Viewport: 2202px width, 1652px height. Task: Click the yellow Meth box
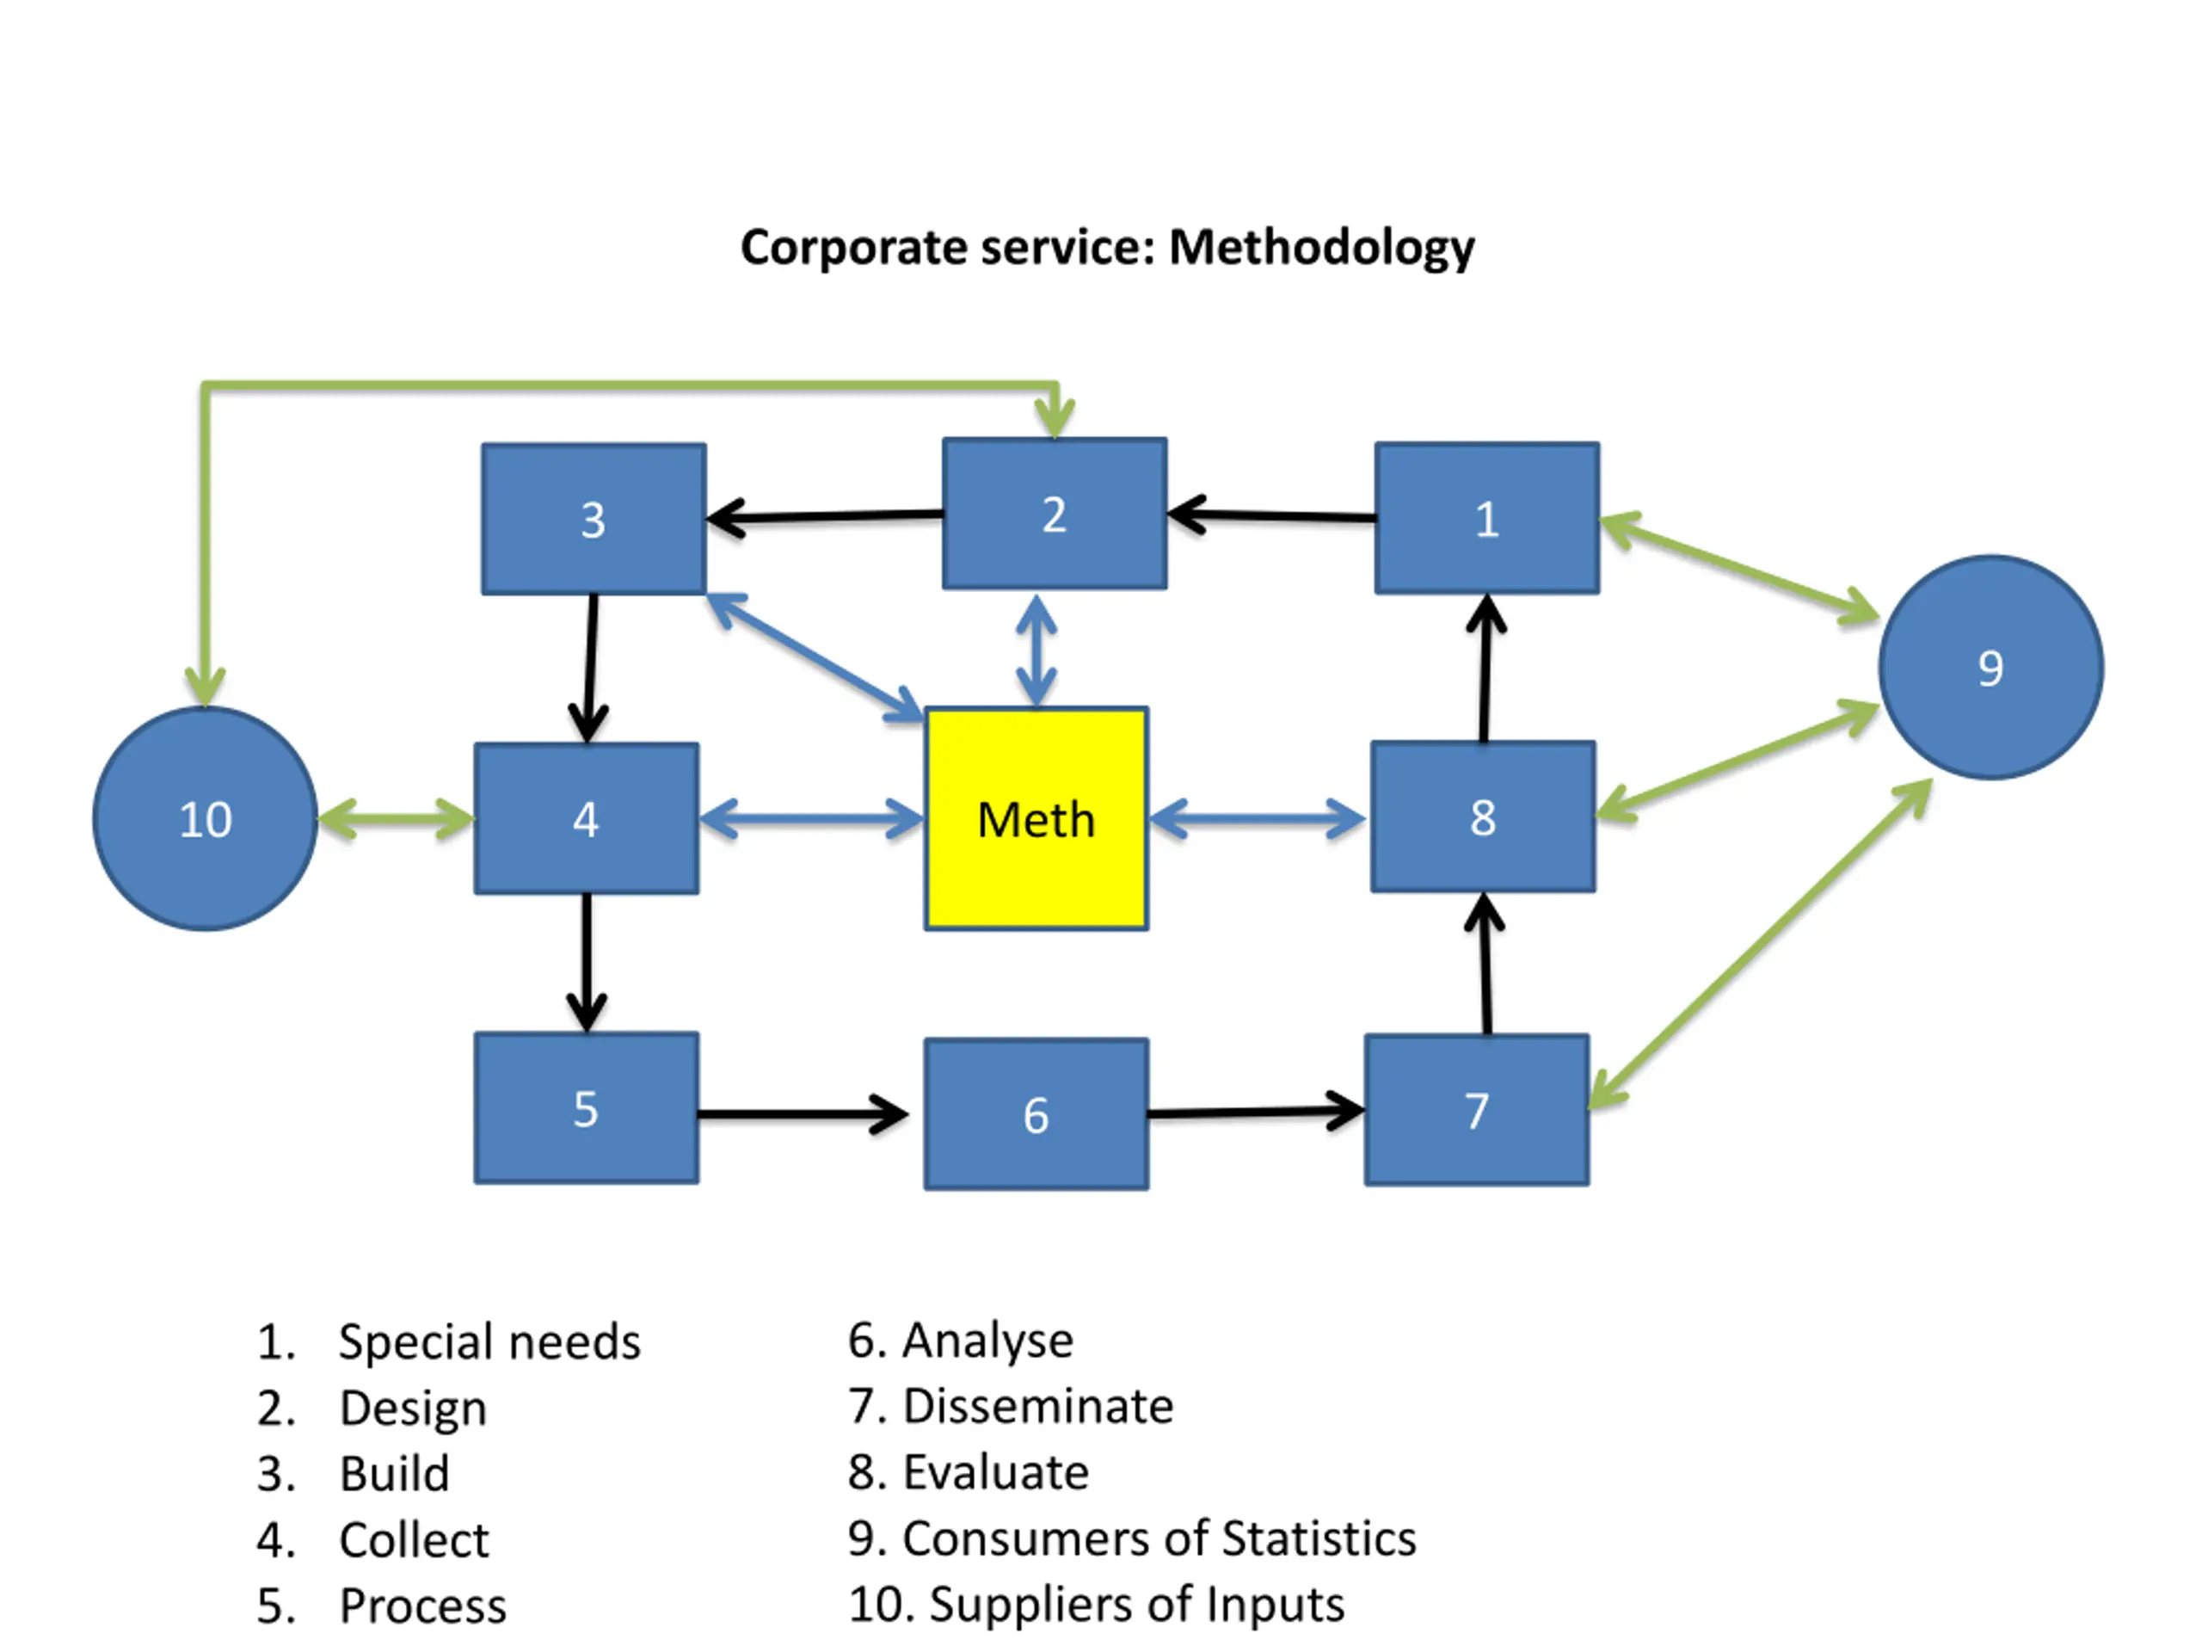pos(1036,818)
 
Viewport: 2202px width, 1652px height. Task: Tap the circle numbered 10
pos(205,818)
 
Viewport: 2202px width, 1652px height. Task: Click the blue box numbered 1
pos(1486,518)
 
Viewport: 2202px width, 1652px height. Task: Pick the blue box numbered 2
pos(1055,514)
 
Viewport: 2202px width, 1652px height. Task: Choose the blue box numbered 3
pos(594,519)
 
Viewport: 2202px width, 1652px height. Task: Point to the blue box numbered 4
pos(587,818)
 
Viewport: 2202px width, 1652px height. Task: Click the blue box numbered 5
pos(587,1107)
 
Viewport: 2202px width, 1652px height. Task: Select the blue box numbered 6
pos(1036,1113)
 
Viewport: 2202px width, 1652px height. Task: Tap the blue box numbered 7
pos(1476,1109)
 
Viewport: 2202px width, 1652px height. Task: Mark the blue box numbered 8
pos(1482,817)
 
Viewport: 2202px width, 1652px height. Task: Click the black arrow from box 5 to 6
pos(802,1113)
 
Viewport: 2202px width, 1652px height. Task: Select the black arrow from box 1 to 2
pos(1271,515)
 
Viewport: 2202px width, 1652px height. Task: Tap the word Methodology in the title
pos(1321,247)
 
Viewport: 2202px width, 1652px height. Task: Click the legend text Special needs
pos(489,1341)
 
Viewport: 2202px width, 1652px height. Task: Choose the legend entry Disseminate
pos(1037,1406)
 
